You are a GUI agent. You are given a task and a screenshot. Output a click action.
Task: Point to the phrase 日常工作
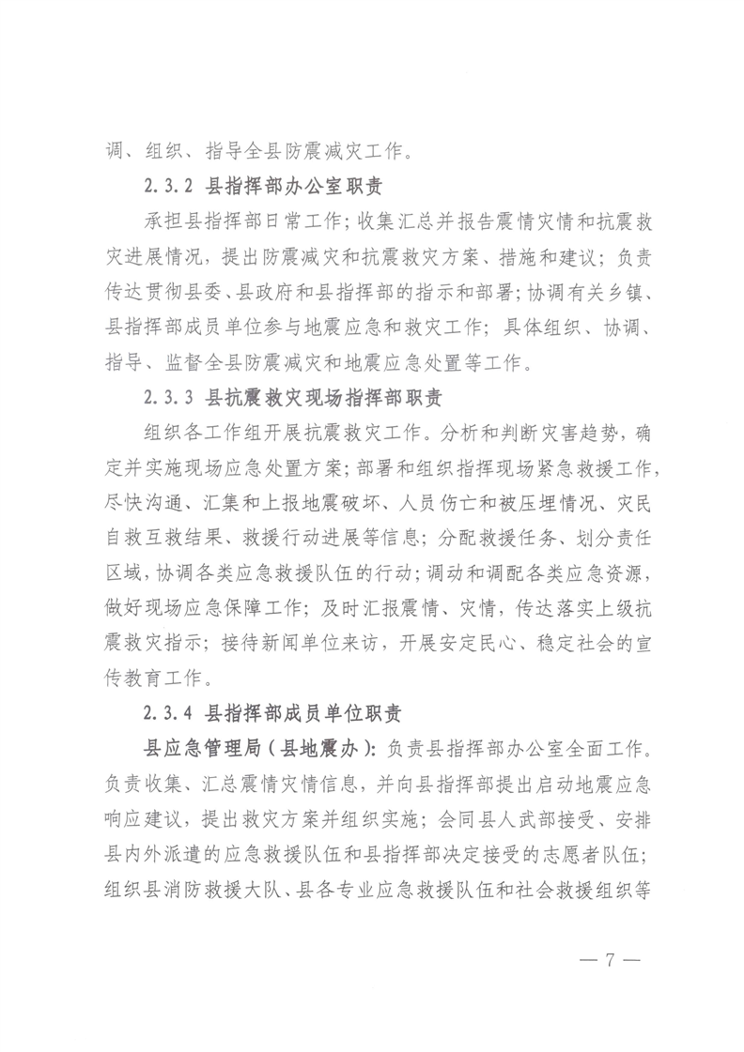coord(295,221)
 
